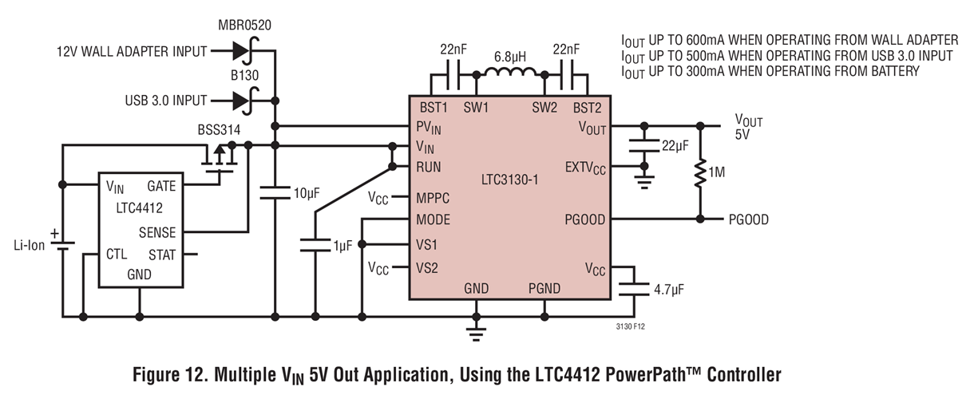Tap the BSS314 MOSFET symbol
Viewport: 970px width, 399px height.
pos(220,160)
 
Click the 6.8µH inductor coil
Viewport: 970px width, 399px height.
pos(509,74)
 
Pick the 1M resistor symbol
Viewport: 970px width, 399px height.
pos(700,172)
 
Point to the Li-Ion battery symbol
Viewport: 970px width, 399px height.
pos(61,244)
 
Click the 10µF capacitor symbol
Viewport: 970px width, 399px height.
pos(275,192)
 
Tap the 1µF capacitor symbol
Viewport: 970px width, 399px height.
pos(315,245)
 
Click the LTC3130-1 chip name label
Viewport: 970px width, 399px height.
pos(509,180)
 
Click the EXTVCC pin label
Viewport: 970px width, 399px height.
pos(586,168)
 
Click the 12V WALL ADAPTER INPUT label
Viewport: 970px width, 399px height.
pos(131,52)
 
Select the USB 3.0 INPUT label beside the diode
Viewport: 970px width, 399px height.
pos(165,101)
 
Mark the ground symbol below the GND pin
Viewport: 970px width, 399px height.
pos(477,329)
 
